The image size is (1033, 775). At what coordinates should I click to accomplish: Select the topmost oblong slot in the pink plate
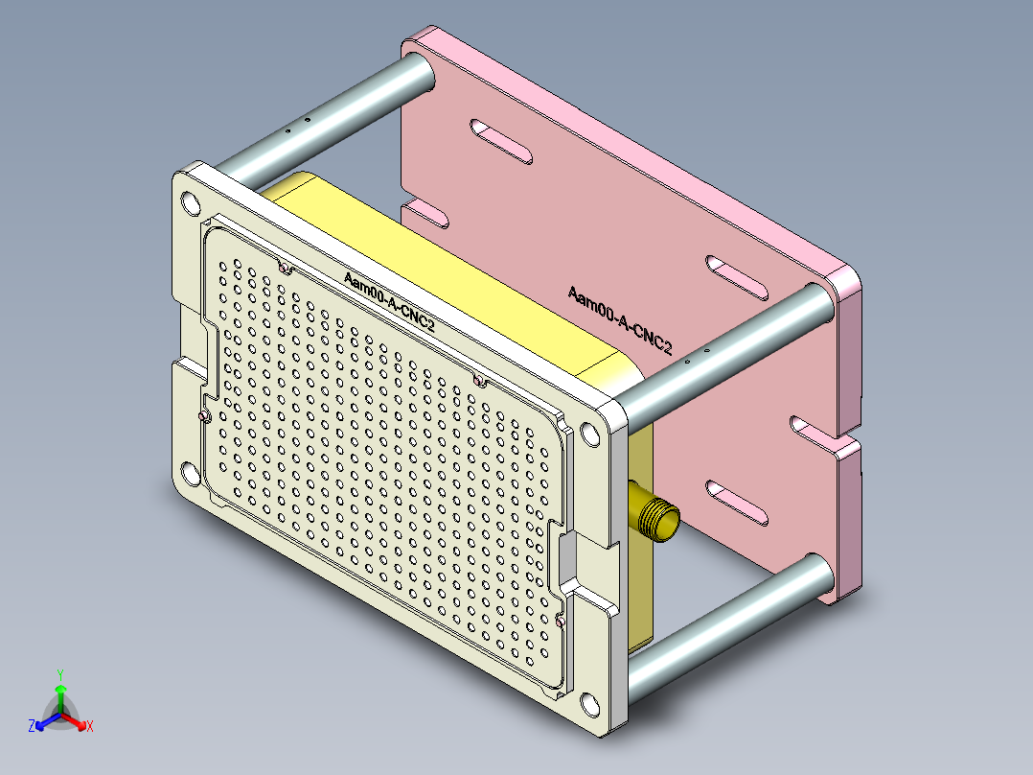coord(503,140)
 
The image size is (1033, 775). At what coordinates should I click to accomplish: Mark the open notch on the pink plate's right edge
coord(824,435)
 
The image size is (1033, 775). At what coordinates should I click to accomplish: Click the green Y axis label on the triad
coord(60,674)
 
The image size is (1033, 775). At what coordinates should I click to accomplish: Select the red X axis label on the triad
coord(90,726)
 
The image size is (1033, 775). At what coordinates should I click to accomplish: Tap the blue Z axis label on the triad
coord(32,727)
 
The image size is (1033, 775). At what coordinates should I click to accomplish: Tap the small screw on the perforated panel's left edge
coord(203,416)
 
